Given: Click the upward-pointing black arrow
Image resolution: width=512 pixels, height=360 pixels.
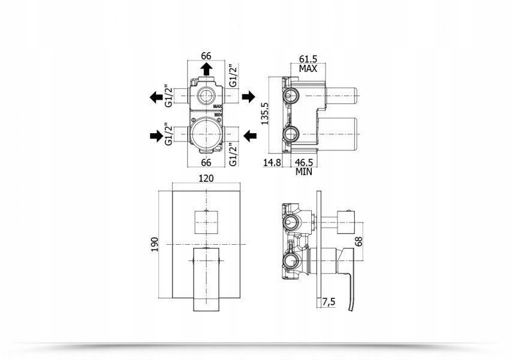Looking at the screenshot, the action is [x=206, y=69].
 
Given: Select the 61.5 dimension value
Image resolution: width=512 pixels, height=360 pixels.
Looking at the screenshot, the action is [x=308, y=59].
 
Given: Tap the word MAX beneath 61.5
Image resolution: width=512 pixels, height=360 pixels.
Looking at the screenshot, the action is [x=308, y=69].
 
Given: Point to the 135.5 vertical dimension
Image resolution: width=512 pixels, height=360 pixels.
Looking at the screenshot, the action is [x=264, y=113].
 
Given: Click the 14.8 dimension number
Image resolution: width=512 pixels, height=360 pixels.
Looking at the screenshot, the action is [x=272, y=163].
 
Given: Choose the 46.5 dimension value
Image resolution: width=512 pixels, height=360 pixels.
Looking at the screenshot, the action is [x=304, y=163].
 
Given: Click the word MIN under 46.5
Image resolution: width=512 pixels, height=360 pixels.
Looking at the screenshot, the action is [x=304, y=172].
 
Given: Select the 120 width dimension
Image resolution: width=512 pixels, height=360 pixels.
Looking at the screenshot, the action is [x=206, y=178].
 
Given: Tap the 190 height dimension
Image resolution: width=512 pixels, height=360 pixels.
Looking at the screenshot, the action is [x=155, y=244].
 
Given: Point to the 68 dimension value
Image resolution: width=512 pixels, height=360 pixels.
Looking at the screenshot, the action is [x=359, y=241].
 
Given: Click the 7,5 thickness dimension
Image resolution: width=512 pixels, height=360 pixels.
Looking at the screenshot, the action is [x=329, y=302].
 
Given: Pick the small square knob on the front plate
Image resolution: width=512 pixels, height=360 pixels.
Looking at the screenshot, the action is [x=206, y=223].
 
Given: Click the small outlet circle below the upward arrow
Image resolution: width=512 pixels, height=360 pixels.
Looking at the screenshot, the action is [x=206, y=97].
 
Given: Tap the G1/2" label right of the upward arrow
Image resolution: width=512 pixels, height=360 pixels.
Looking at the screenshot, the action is [x=233, y=76].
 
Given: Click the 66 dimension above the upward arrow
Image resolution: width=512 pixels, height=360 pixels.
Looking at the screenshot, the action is [x=206, y=56].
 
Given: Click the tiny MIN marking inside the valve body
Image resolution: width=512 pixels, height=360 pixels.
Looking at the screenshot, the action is [x=218, y=115].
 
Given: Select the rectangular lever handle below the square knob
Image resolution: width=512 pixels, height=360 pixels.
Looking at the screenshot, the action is [x=206, y=280].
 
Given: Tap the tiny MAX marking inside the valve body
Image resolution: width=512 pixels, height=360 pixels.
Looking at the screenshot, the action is [x=218, y=106].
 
